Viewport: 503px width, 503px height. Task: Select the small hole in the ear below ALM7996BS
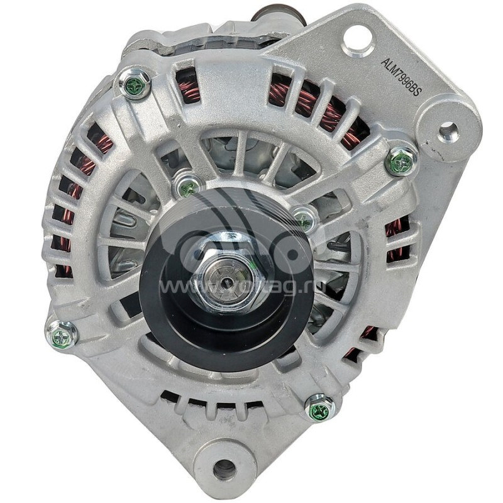(x=448, y=131)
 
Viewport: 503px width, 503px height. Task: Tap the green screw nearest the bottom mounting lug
(x=319, y=408)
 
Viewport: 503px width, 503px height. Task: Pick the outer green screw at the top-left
(x=134, y=84)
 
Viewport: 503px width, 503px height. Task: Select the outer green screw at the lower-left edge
(x=62, y=335)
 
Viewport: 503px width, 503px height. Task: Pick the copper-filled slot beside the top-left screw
(x=187, y=86)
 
